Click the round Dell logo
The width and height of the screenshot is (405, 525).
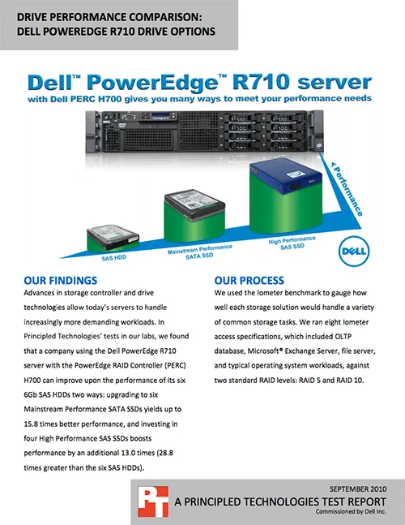[354, 252]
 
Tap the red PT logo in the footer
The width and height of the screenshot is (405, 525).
[153, 501]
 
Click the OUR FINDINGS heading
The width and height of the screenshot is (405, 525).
[61, 281]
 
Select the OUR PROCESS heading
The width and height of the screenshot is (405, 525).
[249, 281]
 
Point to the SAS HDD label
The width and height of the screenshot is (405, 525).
[114, 258]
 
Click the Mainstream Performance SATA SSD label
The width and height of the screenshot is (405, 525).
[200, 252]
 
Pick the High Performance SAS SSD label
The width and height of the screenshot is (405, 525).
[292, 243]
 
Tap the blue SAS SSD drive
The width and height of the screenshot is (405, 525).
[286, 177]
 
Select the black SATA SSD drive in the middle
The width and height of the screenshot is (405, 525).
[194, 204]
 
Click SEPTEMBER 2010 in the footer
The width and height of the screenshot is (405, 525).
[358, 489]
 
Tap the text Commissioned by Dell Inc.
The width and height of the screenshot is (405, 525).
[351, 511]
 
